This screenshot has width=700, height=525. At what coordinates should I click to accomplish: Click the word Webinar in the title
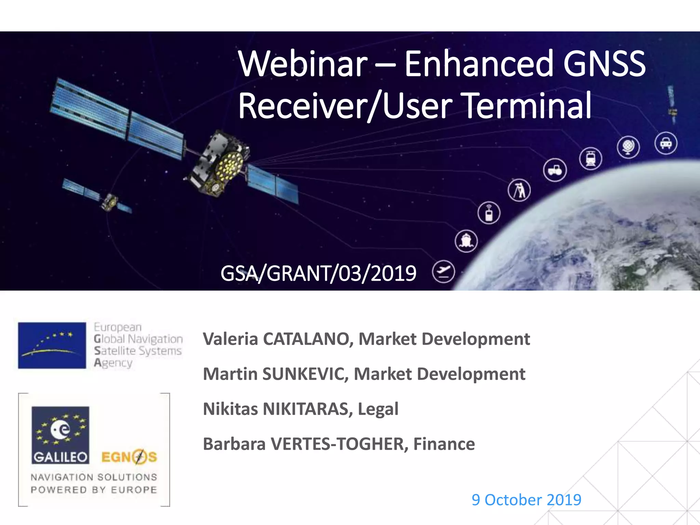tap(303, 64)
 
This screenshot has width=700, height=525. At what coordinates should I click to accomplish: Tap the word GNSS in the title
tap(604, 64)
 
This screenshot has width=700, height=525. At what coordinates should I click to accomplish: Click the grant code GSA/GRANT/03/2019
tap(318, 273)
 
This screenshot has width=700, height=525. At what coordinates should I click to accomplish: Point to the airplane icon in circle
tap(443, 272)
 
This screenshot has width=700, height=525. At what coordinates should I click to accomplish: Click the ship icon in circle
tap(466, 241)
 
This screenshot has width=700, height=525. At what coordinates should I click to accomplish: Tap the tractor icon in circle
tap(555, 170)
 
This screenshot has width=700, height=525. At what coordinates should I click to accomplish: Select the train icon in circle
tap(591, 159)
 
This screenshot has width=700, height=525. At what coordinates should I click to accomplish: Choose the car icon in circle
tap(665, 143)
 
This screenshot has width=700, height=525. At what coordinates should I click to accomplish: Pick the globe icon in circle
tap(628, 147)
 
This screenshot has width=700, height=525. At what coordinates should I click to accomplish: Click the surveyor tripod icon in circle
tap(519, 190)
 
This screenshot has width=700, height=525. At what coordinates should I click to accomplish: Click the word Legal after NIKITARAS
tap(378, 409)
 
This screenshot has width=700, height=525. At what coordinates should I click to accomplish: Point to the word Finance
tap(444, 444)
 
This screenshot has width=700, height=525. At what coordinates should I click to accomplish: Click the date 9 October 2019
tap(526, 500)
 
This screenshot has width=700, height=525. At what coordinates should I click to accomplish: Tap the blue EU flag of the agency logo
tap(52, 345)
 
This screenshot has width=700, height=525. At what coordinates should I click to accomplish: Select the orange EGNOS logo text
tap(129, 457)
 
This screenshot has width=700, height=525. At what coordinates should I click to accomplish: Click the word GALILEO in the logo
tap(60, 457)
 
